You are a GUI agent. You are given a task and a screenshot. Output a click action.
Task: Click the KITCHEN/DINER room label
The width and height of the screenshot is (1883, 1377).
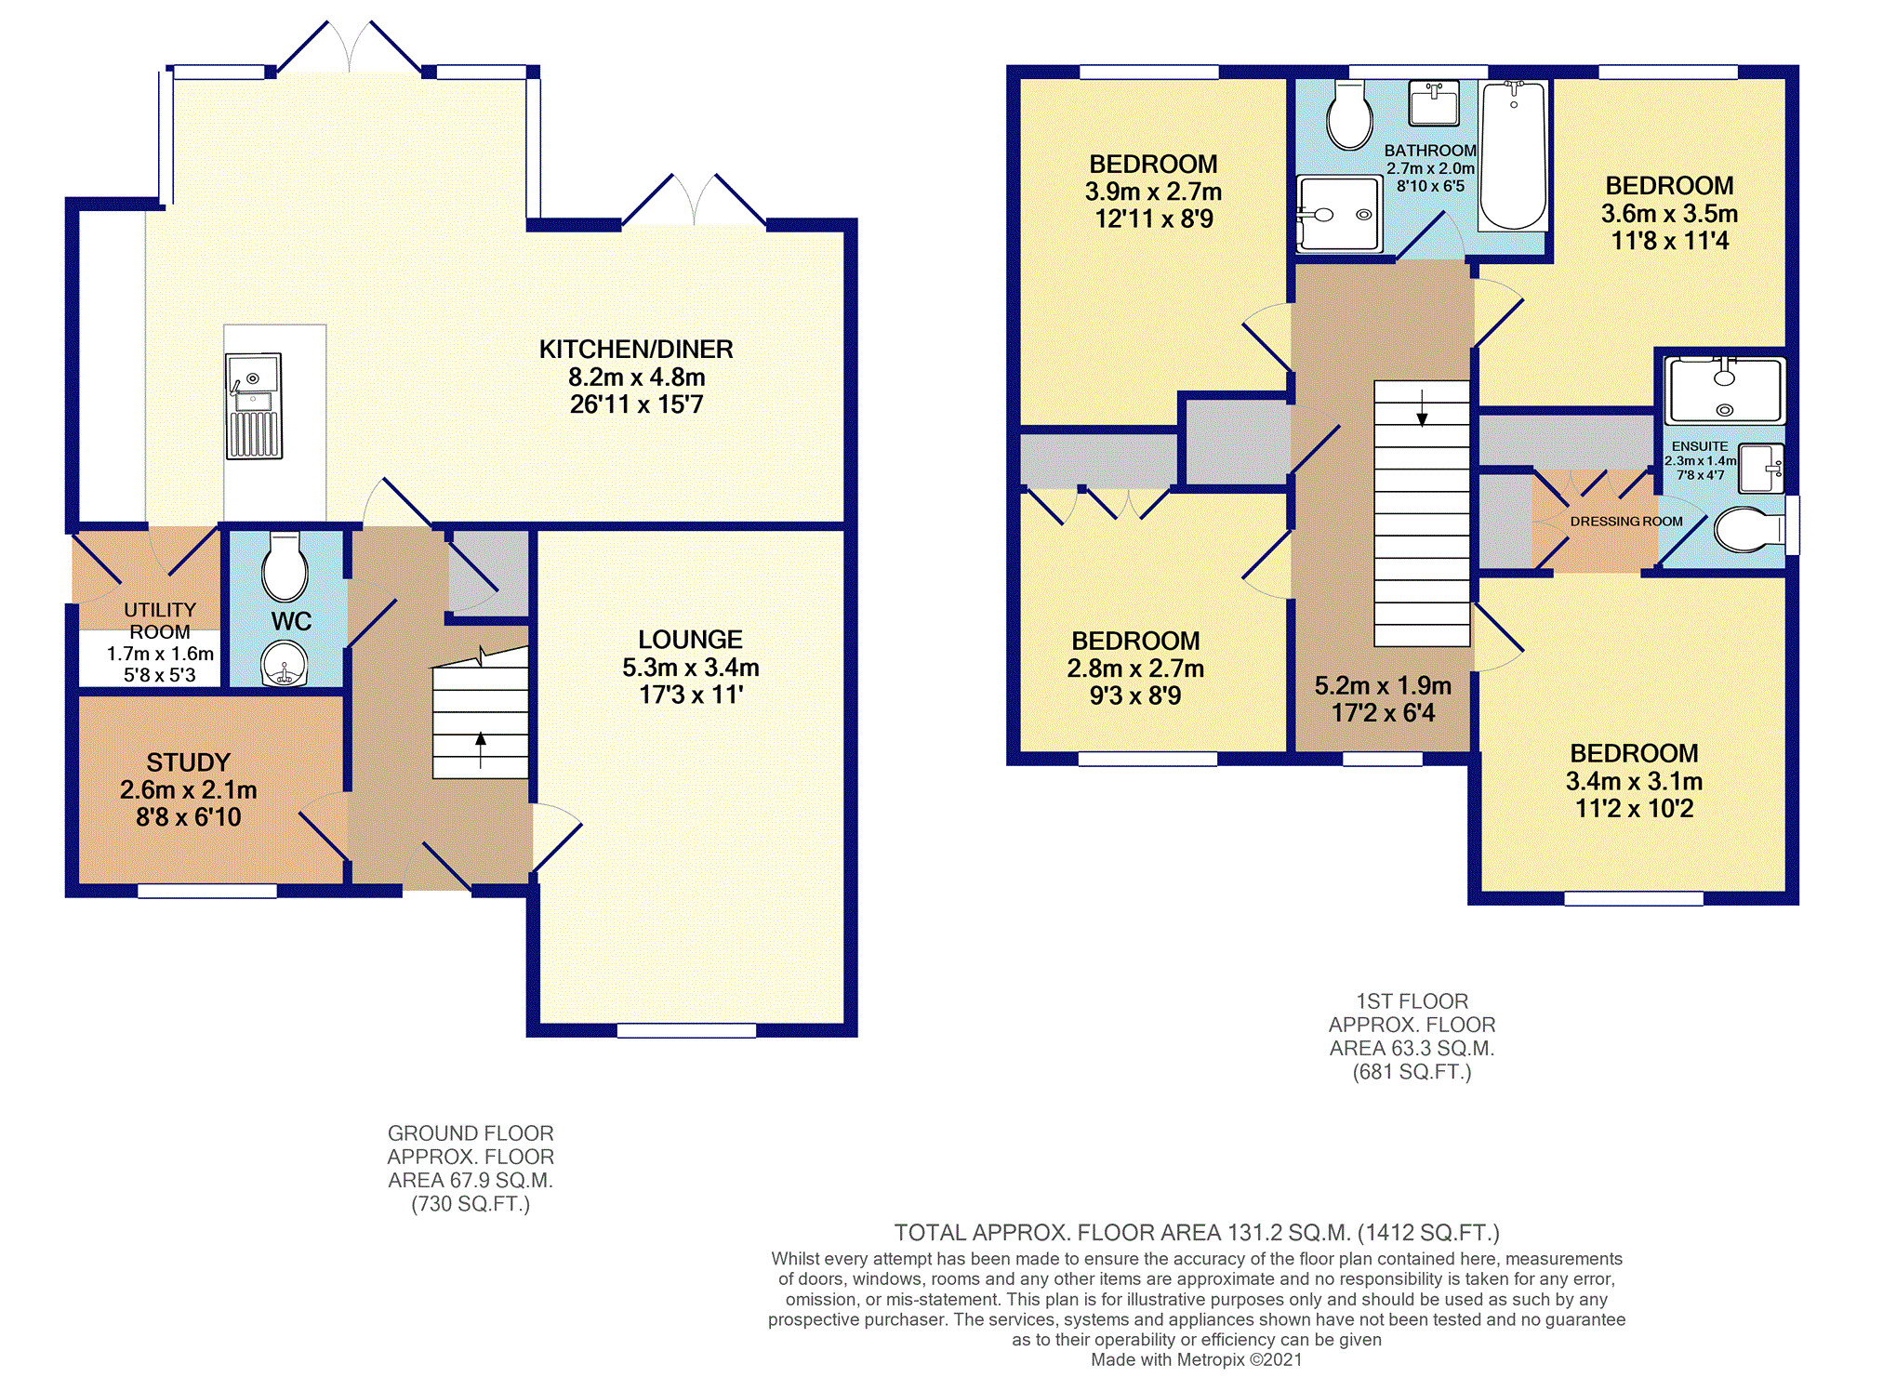636,350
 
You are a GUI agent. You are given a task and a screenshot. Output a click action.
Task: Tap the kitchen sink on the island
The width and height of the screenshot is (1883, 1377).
254,406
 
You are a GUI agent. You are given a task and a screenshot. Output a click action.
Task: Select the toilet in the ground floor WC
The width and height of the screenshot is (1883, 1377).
285,566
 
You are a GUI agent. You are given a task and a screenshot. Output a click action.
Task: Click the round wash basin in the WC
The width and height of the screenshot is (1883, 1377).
285,664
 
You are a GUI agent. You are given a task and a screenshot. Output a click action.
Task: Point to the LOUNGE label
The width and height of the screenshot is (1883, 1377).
690,640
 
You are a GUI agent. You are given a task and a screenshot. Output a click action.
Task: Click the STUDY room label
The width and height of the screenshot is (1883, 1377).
188,762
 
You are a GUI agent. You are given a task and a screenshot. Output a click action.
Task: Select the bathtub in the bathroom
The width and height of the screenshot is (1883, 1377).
1514,155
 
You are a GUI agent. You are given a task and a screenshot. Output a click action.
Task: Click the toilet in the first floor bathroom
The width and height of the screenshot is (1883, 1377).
1349,115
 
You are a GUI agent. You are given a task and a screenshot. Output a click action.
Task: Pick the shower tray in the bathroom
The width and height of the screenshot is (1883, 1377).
1339,214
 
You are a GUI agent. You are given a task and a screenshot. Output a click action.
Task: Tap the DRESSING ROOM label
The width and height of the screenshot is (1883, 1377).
1626,522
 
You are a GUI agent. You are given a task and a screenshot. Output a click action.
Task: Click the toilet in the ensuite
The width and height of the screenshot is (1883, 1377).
1748,530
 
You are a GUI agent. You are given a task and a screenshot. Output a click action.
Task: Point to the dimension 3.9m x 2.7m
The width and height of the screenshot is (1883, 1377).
1153,192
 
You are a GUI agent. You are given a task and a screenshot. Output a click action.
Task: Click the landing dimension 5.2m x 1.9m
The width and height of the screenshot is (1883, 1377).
1383,686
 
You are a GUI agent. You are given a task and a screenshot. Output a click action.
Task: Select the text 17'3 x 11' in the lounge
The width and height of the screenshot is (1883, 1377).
691,695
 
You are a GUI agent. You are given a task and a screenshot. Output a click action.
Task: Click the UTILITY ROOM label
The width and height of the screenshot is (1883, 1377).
160,621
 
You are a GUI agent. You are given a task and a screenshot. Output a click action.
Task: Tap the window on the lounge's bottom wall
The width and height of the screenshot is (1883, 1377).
686,1030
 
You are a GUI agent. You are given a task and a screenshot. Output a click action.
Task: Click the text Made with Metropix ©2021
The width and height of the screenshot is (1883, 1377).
1196,1359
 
